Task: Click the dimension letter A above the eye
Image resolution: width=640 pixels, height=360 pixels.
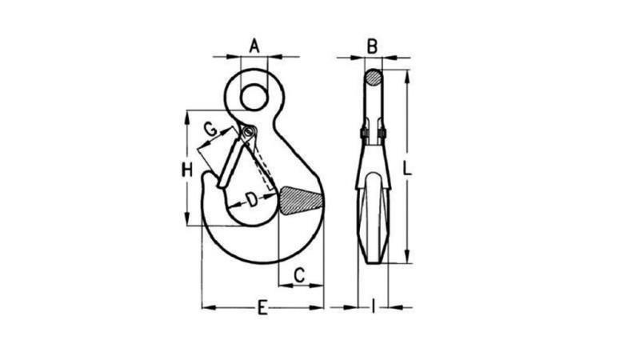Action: (254, 46)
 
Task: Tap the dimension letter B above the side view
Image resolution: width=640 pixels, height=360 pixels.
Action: (372, 46)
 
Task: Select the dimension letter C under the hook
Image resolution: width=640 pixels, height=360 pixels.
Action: (298, 275)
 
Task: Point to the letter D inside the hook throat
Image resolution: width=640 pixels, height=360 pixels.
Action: (251, 199)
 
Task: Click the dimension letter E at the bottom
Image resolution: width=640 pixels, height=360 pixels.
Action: (262, 307)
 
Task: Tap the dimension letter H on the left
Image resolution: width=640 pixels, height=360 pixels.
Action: (186, 169)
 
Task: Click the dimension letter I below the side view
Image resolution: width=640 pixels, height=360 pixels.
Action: (374, 306)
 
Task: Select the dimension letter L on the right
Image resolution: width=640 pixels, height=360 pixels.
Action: (407, 169)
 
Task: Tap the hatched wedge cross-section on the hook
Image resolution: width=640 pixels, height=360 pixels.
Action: (301, 201)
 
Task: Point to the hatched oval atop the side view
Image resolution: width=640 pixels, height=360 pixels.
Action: (374, 78)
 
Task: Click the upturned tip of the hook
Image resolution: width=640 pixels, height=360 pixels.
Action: (207, 178)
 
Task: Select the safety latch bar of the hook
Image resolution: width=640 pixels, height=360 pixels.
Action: (232, 160)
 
